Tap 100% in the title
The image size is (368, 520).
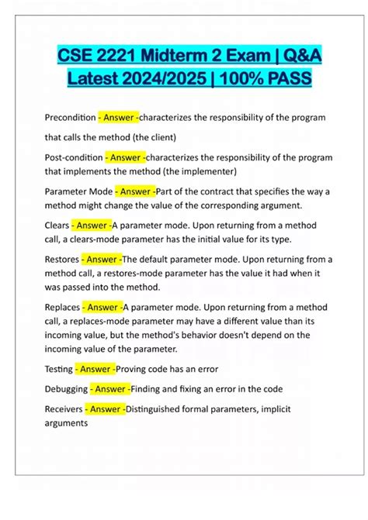(x=241, y=79)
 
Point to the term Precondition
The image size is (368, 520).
(x=70, y=117)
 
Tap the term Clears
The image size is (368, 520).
(x=56, y=226)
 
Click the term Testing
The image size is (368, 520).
(x=59, y=367)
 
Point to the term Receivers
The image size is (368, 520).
(x=64, y=409)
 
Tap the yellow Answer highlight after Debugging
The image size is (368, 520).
(x=109, y=388)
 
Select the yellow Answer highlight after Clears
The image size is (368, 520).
(x=91, y=226)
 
